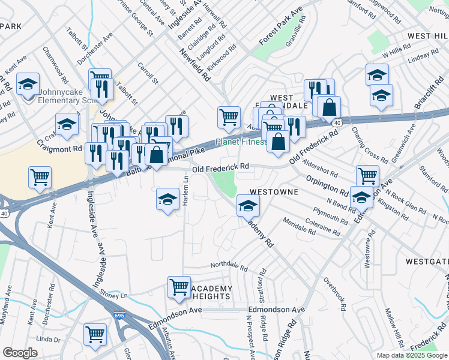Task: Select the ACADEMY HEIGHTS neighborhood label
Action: click(x=211, y=293)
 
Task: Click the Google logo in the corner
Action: click(x=20, y=353)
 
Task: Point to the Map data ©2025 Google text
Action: click(x=412, y=355)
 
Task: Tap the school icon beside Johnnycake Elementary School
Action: click(x=28, y=85)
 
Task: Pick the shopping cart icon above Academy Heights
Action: click(x=179, y=288)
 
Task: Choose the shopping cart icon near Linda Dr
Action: click(x=95, y=335)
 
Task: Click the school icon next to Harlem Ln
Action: click(x=167, y=200)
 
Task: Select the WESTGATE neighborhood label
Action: click(x=427, y=262)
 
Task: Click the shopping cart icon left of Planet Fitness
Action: click(x=228, y=118)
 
